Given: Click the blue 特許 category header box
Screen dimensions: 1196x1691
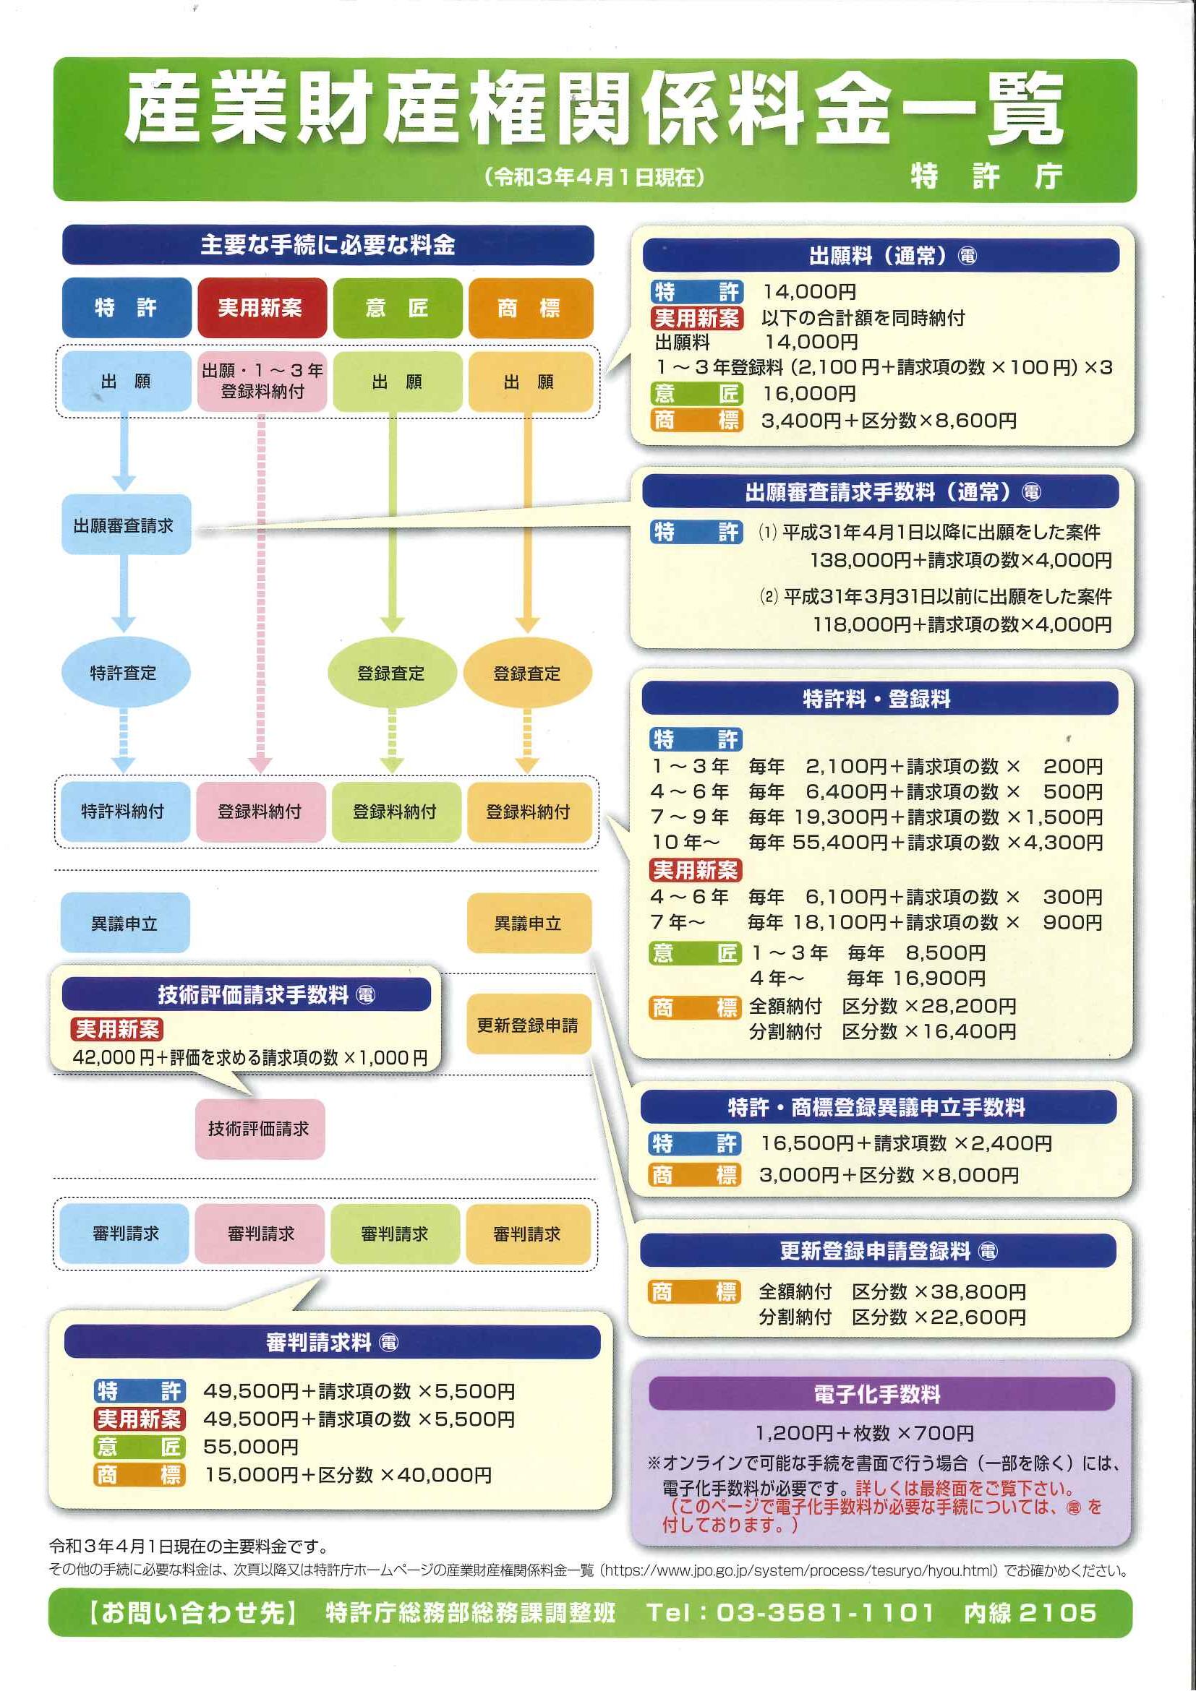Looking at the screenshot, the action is pos(127,307).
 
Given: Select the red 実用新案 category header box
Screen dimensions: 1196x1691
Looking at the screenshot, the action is pos(262,307).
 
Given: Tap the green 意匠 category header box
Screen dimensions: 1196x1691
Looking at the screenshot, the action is pos(397,307).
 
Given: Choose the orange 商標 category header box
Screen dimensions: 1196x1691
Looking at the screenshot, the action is pos(531,307).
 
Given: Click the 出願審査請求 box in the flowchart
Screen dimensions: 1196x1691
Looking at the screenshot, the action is pos(126,525).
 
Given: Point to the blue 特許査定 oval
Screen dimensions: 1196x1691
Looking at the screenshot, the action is pos(124,672).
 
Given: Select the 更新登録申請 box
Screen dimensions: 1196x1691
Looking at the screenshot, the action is pos(529,1025).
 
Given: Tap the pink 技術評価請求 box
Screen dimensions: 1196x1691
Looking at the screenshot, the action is pos(260,1129).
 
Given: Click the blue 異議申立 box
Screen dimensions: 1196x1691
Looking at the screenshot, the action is pos(125,923).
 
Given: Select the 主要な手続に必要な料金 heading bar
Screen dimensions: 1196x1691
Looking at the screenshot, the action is pos(328,245).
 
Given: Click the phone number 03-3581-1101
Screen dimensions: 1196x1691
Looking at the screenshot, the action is pos(825,1612).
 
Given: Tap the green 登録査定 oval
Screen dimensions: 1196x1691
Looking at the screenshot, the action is pos(392,672).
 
